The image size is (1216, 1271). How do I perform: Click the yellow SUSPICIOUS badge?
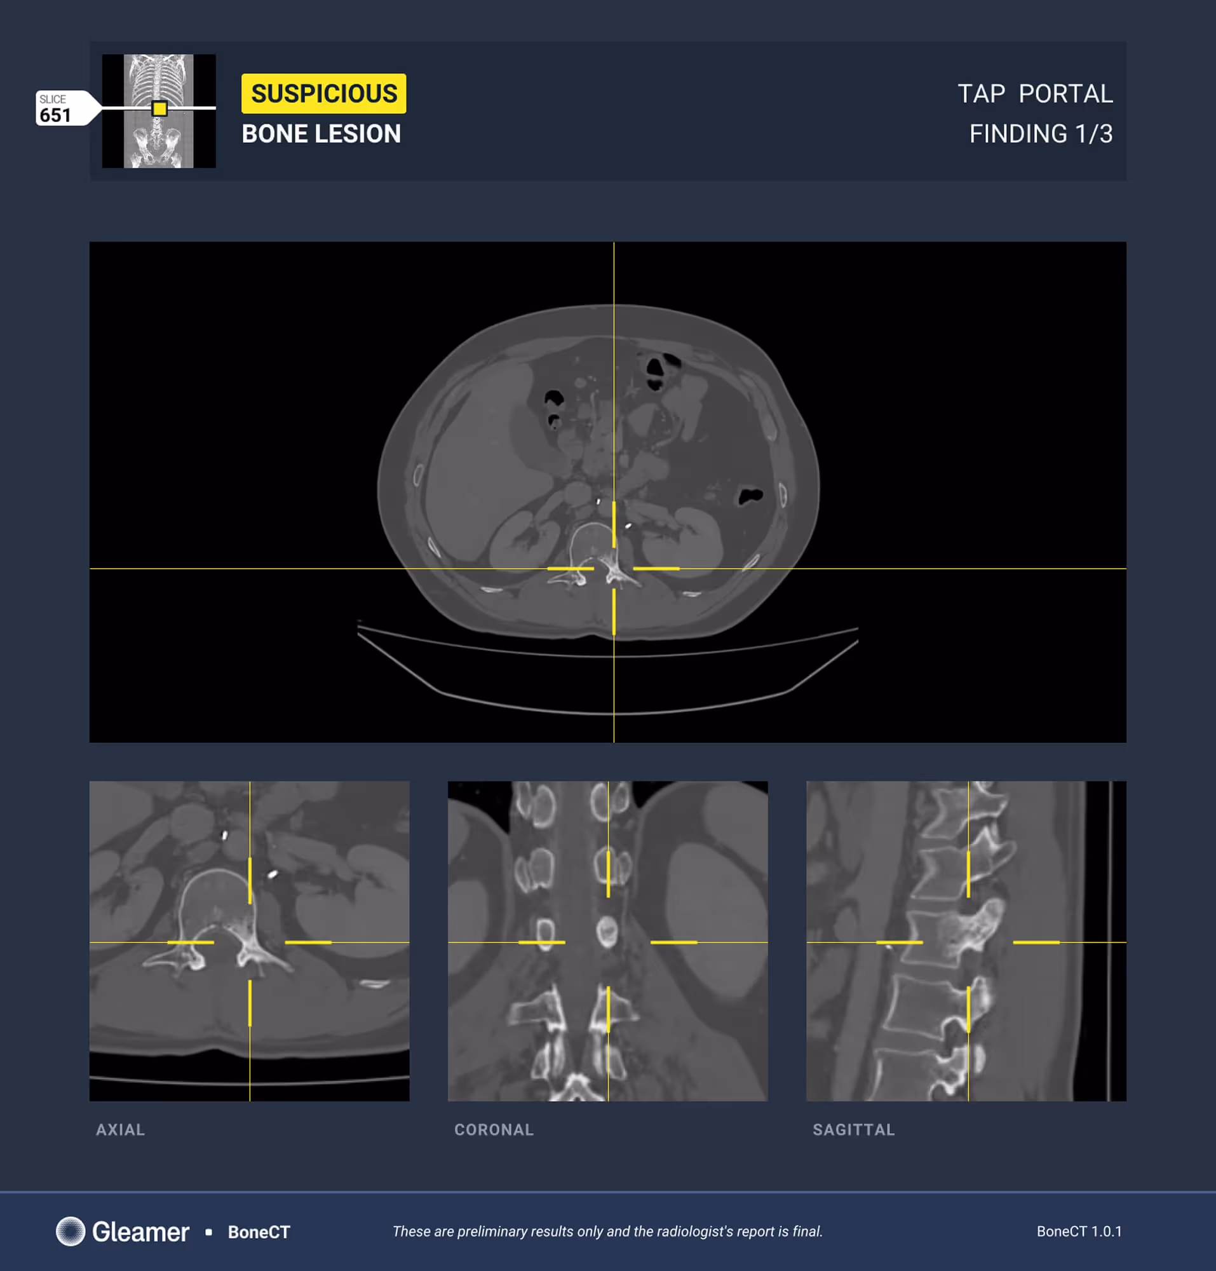click(323, 93)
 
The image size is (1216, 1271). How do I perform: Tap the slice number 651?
click(55, 116)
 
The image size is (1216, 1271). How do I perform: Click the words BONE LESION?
click(321, 134)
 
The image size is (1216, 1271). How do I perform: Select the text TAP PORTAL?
click(1035, 94)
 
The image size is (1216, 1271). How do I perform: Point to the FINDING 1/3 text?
click(1041, 134)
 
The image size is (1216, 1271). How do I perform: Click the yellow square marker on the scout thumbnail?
click(159, 108)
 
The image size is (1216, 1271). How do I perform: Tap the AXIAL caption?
click(121, 1130)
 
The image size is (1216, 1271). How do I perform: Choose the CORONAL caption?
click(494, 1130)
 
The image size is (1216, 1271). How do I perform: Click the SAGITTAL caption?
click(854, 1130)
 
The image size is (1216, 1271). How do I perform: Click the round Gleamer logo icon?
click(71, 1231)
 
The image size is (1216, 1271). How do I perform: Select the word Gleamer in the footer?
click(140, 1232)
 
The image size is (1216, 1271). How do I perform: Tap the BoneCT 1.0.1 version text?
click(1079, 1232)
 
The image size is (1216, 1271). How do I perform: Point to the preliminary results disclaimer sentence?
click(607, 1232)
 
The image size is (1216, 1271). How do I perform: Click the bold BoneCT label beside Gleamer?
click(259, 1232)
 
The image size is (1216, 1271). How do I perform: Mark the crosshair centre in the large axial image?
click(614, 569)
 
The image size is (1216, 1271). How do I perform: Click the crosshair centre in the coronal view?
click(608, 942)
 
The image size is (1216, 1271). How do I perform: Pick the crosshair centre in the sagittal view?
click(968, 942)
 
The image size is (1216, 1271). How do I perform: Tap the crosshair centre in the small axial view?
click(250, 942)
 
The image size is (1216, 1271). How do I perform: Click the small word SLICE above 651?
click(53, 99)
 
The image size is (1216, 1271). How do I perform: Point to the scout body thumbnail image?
click(159, 111)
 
